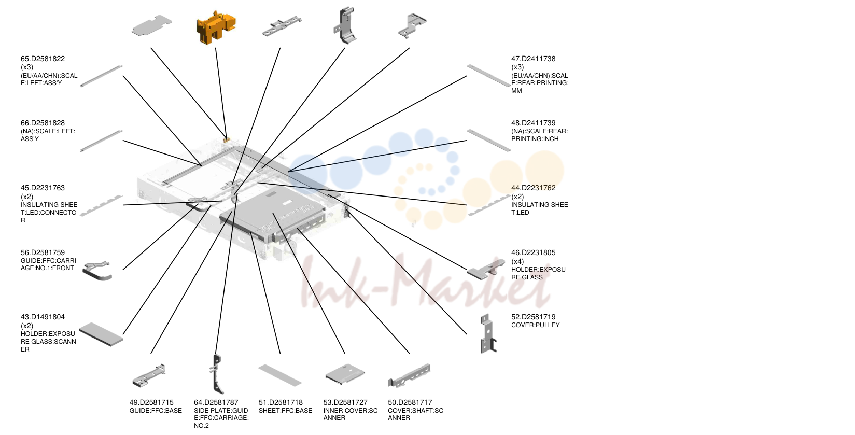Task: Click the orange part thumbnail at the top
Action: (216, 27)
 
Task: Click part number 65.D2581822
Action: (43, 59)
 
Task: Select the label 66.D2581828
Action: (43, 123)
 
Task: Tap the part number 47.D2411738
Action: (533, 59)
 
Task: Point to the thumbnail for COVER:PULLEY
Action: (488, 333)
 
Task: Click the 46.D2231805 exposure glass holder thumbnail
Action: (486, 270)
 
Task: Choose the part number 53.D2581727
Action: (345, 402)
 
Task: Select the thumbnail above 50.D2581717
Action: (409, 375)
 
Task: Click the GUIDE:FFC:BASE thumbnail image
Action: (149, 375)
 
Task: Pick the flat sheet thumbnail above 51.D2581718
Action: (280, 375)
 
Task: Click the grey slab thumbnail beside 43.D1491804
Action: (101, 334)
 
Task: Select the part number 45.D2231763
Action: (43, 188)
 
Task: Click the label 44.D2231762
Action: (533, 188)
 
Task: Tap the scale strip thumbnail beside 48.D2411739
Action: (488, 141)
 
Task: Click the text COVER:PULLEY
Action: (535, 325)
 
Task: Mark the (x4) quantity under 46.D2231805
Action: (517, 261)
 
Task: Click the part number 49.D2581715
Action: (151, 402)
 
